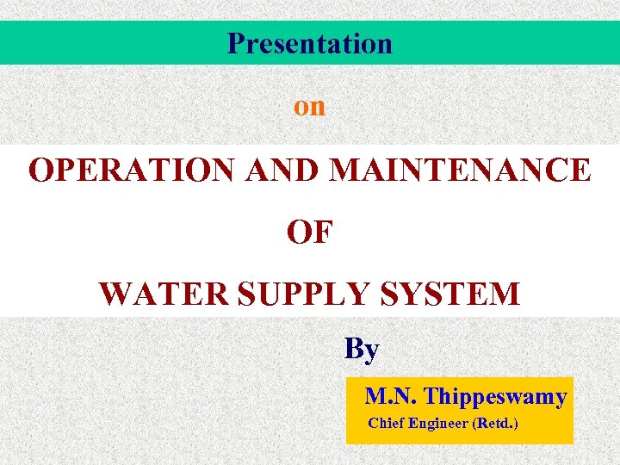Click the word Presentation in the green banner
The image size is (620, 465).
pyautogui.click(x=310, y=43)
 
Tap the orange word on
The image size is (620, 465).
pyautogui.click(x=310, y=106)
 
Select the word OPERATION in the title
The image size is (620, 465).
pyautogui.click(x=131, y=170)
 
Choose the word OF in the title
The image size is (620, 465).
pyautogui.click(x=310, y=232)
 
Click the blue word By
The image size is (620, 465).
pyautogui.click(x=362, y=349)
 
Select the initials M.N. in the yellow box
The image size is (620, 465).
pyautogui.click(x=392, y=397)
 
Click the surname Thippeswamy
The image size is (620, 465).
pyautogui.click(x=495, y=397)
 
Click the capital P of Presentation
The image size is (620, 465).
pyautogui.click(x=235, y=43)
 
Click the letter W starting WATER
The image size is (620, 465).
pyautogui.click(x=116, y=294)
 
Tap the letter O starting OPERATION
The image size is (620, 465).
pyautogui.click(x=41, y=170)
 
